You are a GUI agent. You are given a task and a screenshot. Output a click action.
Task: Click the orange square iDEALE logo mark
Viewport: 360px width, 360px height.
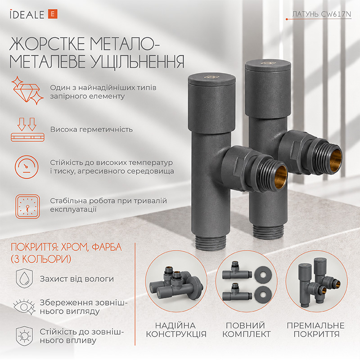pos(53,14)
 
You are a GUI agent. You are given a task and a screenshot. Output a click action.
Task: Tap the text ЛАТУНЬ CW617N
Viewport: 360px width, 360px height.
pos(321,14)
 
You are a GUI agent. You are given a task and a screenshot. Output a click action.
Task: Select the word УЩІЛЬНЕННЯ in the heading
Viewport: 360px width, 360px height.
pos(138,61)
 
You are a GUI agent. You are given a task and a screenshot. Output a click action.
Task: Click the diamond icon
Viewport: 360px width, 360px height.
pos(27,90)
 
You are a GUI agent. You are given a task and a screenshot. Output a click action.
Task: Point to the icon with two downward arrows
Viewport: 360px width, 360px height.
pos(27,130)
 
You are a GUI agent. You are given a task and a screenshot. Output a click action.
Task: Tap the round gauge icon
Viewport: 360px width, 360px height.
pos(27,167)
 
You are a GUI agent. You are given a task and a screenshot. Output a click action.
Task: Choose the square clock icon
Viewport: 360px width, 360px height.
pos(28,207)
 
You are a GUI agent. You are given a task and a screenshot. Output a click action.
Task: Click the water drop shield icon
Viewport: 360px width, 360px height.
pos(24,279)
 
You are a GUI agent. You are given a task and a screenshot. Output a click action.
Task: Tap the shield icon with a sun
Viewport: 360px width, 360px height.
pos(24,336)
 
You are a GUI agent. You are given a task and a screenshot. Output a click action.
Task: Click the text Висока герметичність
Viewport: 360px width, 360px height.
pos(91,130)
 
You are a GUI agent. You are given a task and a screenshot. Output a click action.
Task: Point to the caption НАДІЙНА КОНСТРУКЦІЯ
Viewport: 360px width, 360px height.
pos(176,330)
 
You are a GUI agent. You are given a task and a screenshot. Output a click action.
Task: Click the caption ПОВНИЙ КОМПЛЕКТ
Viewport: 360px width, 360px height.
pos(246,330)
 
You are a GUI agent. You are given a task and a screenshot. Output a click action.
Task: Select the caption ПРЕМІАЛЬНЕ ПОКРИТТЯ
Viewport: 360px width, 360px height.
pos(316,330)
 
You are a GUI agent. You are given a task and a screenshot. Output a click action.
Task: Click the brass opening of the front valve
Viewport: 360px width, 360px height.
pos(281,176)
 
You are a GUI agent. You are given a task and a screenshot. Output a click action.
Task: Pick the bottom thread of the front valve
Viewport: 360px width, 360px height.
pos(211,243)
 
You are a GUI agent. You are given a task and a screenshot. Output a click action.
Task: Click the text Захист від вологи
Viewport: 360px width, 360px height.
pos(76,279)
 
